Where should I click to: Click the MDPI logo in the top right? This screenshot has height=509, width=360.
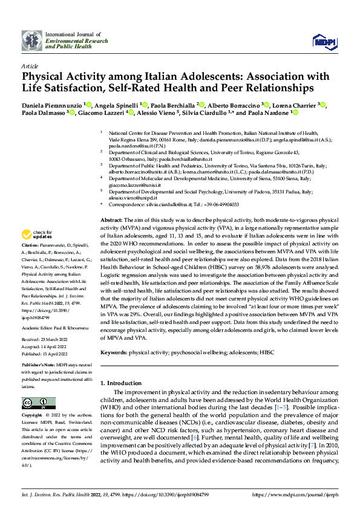(323, 41)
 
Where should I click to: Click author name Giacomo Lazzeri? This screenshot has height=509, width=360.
(102, 112)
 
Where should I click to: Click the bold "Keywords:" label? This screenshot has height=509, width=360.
(113, 352)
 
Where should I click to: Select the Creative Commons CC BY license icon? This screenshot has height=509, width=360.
(36, 403)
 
